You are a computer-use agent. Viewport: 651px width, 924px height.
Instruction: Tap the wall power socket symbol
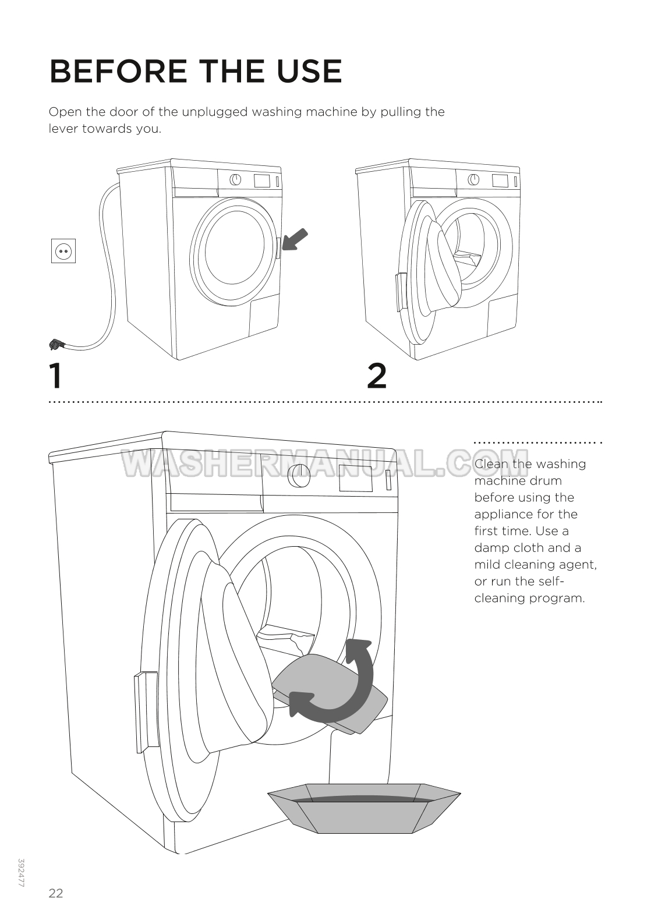point(63,252)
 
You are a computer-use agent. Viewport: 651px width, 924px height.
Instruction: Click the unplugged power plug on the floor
point(56,345)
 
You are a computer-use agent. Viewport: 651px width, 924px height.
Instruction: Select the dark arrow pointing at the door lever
point(295,239)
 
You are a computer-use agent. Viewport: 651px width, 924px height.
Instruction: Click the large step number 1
point(55,376)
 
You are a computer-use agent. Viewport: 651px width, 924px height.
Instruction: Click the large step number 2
point(377,376)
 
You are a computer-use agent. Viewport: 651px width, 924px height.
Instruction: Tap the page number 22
point(56,893)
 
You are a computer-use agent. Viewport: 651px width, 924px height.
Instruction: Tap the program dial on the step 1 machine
point(235,179)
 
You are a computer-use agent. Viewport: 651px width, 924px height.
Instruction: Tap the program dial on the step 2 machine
point(474,179)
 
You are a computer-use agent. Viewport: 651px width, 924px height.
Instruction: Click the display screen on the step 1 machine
point(261,180)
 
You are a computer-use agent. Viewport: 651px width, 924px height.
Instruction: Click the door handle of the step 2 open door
point(401,292)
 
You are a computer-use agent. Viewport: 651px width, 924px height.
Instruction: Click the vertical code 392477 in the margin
point(22,873)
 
